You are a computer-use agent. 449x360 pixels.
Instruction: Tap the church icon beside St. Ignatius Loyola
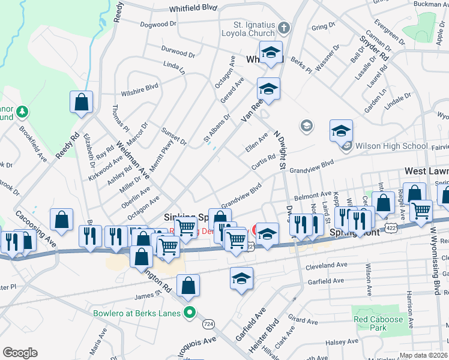tap(283, 28)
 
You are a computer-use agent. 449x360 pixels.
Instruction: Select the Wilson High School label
tap(391, 146)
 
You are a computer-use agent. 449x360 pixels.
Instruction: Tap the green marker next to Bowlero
tap(190, 312)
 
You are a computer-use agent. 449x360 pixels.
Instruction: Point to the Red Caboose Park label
tap(378, 324)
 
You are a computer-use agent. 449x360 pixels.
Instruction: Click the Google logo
tap(20, 353)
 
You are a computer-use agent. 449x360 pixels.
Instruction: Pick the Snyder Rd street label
tap(374, 46)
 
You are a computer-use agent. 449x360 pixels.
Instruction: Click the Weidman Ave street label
tap(132, 158)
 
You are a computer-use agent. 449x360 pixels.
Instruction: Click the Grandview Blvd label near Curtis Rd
tap(311, 167)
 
